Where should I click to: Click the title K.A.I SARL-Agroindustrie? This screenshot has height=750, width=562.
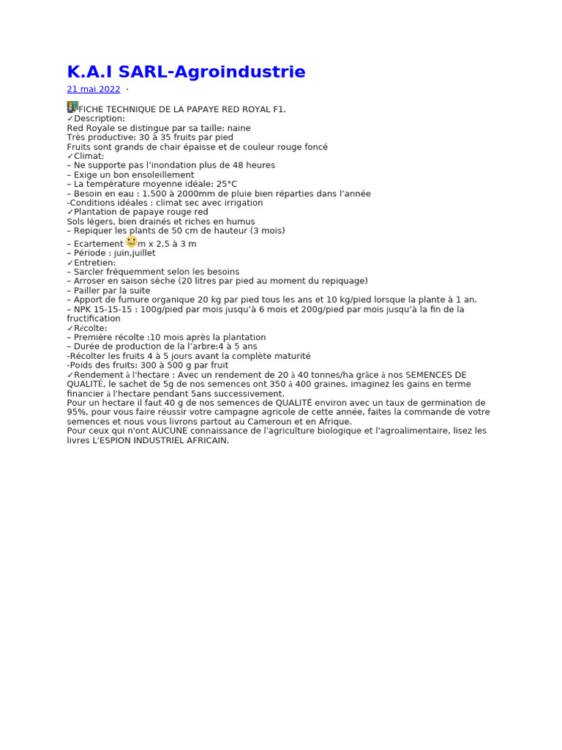(186, 72)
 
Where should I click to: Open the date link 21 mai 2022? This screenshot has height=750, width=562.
(94, 89)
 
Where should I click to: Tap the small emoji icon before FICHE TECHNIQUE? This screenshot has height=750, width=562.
(72, 107)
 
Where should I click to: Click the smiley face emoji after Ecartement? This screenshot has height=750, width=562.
(132, 241)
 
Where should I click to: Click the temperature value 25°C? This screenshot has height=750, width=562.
(225, 185)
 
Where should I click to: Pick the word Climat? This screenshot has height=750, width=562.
(89, 156)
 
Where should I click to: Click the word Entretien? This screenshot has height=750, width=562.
(94, 263)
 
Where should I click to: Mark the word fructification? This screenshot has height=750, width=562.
(94, 319)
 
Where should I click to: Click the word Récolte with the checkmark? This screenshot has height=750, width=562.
(90, 328)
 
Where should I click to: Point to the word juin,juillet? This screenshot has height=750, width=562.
(135, 253)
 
